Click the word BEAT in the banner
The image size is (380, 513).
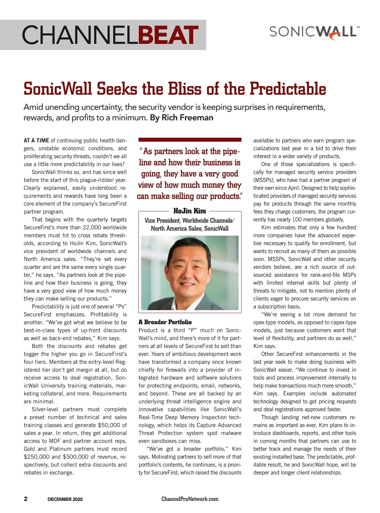pos(168,35)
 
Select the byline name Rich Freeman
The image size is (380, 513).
pos(187,118)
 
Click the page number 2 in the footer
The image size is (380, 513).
pos(26,499)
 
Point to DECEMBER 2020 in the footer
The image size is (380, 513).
pos(65,499)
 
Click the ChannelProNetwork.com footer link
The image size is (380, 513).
pos(190,499)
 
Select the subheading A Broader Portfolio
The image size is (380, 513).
pos(165,322)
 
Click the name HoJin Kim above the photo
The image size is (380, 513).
pos(190,211)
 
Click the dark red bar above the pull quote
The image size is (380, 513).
pos(190,140)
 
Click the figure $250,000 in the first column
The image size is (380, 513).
pos(36,457)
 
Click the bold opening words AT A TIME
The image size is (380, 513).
pos(36,141)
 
